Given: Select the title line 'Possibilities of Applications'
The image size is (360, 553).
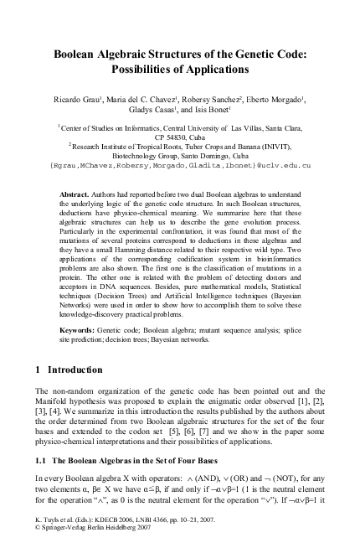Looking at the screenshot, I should coord(180,68).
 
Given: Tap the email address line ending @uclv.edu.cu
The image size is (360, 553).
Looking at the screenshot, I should coord(180,166).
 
